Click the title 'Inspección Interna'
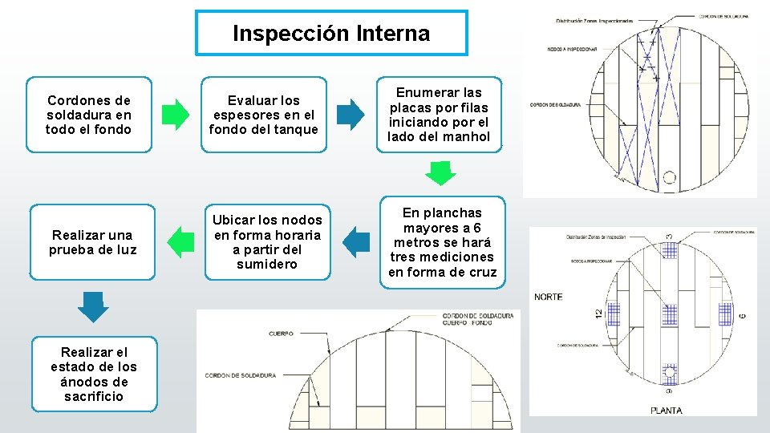point(331,34)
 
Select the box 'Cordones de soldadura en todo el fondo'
point(89,115)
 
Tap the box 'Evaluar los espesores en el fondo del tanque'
point(264,115)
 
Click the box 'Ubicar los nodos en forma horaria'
point(267,241)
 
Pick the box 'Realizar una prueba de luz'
point(94,241)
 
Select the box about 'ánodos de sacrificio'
point(94,374)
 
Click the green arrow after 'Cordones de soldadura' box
point(175,115)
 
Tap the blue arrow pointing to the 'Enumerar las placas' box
point(349,115)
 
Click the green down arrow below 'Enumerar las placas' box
point(440,172)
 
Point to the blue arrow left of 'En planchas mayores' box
point(356,241)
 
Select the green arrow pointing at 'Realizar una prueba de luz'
point(181,241)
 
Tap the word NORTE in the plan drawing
point(548,297)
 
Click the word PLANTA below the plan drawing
point(667,411)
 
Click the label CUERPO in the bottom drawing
point(281,333)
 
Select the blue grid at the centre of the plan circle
point(668,313)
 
